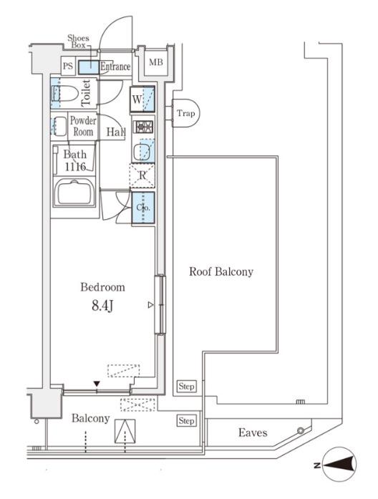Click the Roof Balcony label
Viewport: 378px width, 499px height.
[x=221, y=272]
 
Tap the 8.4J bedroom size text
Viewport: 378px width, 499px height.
[x=102, y=306]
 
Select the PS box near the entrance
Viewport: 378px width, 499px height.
[x=68, y=66]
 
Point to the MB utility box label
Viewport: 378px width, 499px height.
[x=156, y=62]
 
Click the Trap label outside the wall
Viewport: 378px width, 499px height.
[x=186, y=113]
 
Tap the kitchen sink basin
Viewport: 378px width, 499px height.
[x=142, y=152]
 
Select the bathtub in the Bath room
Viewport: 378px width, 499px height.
[x=74, y=193]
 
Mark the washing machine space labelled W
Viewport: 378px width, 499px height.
[x=142, y=100]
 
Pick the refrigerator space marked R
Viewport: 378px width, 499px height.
[x=142, y=175]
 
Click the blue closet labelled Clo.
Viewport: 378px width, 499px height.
[x=143, y=208]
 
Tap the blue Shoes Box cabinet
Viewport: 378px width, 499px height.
[x=89, y=67]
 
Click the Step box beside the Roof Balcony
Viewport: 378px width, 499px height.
[x=186, y=387]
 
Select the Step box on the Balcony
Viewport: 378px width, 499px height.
[x=186, y=421]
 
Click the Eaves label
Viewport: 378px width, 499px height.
[x=253, y=432]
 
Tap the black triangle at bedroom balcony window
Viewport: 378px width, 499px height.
[x=97, y=384]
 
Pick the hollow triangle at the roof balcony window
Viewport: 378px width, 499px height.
[x=150, y=305]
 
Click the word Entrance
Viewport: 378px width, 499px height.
[x=115, y=67]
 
